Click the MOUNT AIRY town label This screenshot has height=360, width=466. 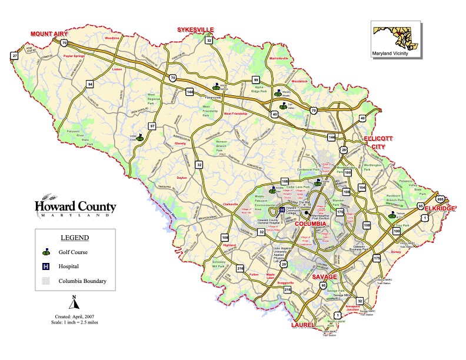point(50,34)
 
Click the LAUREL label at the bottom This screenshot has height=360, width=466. point(304,324)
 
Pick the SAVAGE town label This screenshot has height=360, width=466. point(325,276)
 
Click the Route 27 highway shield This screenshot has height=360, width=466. point(14,56)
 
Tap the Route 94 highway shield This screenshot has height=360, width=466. point(89,84)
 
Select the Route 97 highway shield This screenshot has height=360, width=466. point(152,126)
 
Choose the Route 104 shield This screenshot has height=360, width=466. point(362,188)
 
